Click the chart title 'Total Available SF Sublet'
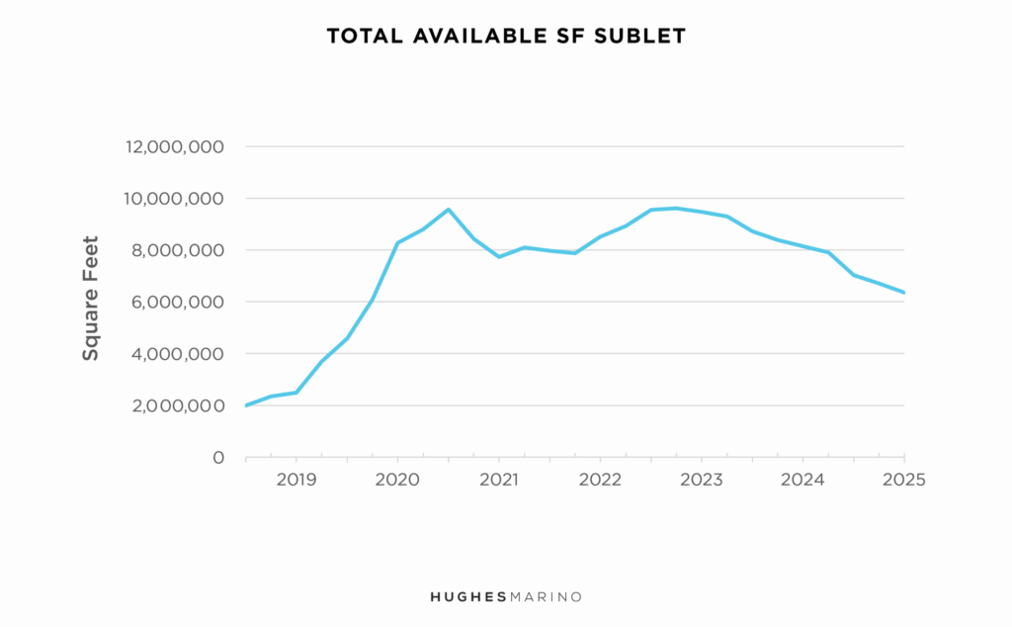coord(505,37)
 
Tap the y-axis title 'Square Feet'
coord(91,298)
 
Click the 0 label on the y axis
coord(219,458)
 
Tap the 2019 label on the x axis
coord(295,480)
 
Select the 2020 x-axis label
coord(397,480)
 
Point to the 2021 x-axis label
coord(498,480)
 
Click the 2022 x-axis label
coord(600,480)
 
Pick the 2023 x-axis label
coord(701,480)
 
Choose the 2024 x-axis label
coord(802,480)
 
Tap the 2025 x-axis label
coord(903,480)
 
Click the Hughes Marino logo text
coord(505,596)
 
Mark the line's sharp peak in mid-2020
coord(448,210)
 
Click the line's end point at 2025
coord(903,293)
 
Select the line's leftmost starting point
coord(246,405)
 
